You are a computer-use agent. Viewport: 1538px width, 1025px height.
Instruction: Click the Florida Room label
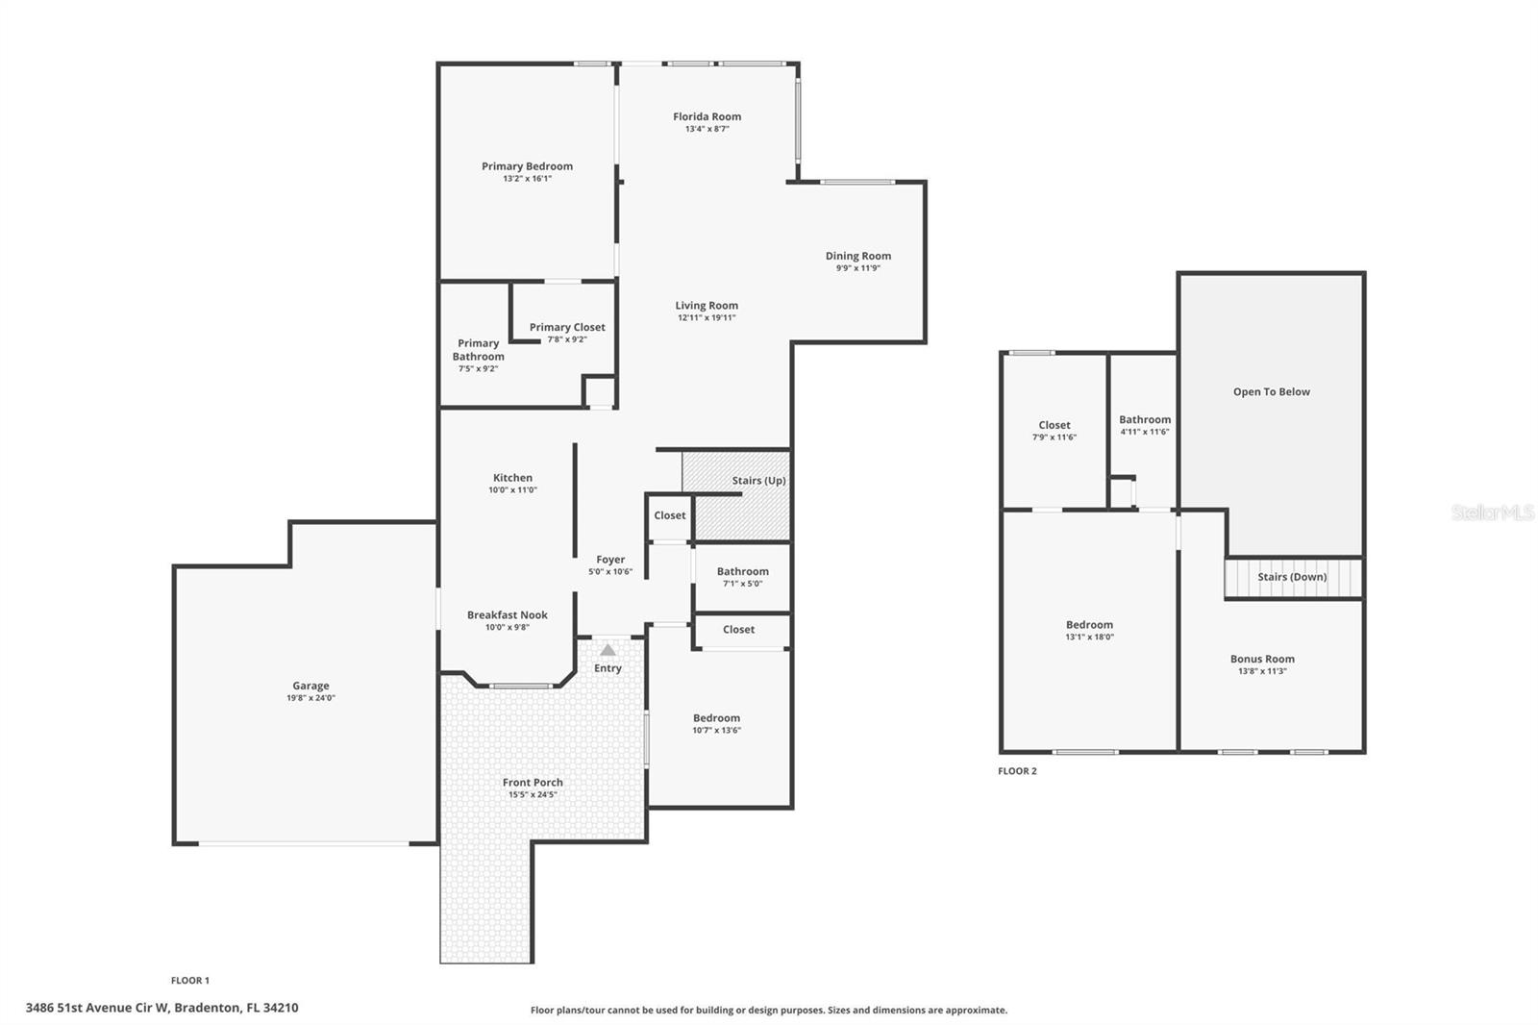point(707,117)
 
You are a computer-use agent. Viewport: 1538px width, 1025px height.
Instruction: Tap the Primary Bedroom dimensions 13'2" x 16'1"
point(527,179)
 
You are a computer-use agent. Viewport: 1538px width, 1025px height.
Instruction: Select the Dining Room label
point(857,256)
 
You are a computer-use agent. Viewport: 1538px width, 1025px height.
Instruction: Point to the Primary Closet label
point(567,327)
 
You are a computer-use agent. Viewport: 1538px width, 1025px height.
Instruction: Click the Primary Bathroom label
point(478,350)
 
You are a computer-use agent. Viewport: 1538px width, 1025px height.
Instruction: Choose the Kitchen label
point(512,478)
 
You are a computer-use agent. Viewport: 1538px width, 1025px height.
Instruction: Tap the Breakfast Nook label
point(508,615)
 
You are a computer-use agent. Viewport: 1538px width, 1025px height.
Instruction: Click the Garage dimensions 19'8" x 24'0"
point(310,698)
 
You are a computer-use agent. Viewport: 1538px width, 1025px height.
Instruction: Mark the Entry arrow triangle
point(608,650)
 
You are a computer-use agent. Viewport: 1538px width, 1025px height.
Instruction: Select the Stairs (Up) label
point(758,481)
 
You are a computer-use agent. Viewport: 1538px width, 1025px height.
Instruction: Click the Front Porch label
point(533,783)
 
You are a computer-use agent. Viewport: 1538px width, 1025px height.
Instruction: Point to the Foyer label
point(610,560)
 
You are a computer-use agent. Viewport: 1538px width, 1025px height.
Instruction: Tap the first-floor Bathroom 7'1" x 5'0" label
point(742,571)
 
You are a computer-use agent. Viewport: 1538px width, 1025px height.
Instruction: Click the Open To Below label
point(1271,392)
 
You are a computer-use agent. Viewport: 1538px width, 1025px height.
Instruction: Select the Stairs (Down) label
point(1292,577)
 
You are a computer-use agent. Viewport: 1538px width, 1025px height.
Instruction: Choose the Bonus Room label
point(1262,660)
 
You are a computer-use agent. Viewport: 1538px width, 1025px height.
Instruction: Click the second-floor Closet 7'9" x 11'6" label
point(1054,425)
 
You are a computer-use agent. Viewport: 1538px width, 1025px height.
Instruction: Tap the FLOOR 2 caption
point(1017,771)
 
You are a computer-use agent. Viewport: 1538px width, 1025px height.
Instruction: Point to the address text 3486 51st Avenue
point(161,1008)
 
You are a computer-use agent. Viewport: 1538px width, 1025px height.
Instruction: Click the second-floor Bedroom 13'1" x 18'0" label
point(1089,625)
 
